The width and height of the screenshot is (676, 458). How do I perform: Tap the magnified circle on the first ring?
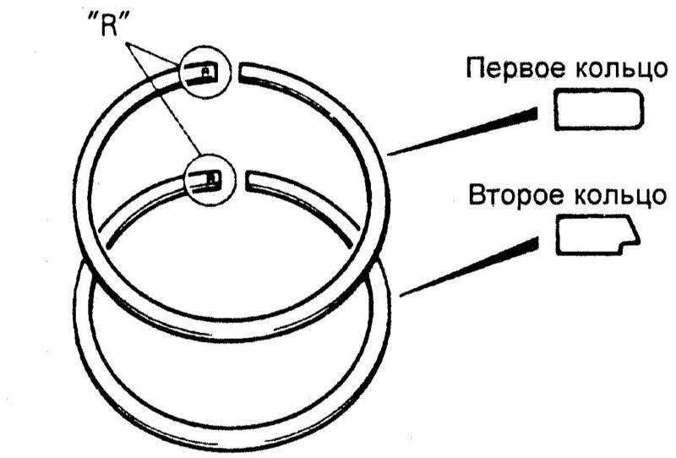pos(204,71)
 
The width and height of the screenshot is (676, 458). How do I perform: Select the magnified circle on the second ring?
pos(210,179)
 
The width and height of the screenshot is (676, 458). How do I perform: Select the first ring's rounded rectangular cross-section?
pos(598,109)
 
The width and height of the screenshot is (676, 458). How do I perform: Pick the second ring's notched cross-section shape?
pos(597,235)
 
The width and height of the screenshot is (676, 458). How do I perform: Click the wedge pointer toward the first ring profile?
pos(463,132)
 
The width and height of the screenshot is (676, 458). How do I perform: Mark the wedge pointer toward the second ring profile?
pos(469,266)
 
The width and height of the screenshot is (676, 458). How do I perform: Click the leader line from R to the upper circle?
pos(152,54)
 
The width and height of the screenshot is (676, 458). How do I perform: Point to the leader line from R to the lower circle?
pos(163,98)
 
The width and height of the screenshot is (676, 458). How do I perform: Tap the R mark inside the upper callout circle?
pos(207,70)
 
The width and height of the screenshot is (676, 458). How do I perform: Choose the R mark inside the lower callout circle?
pos(215,177)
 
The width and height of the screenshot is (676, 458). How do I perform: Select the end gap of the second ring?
pos(241,180)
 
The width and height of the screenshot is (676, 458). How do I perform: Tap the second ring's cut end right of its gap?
pos(248,180)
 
